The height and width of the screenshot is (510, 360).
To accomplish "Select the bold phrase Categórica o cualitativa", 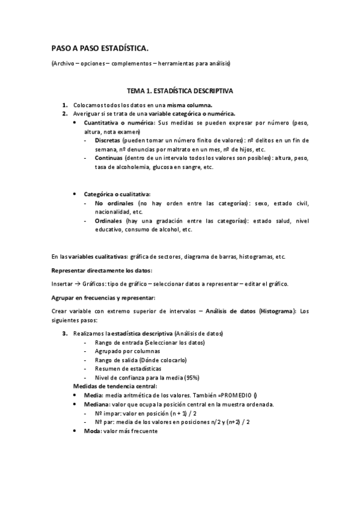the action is coord(117,194).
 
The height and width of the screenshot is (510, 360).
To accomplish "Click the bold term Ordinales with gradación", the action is coord(108,221).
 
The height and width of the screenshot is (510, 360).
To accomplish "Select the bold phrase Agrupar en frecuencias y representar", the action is coord(103,298).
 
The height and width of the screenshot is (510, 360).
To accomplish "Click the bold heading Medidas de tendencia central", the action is coord(115,386).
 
